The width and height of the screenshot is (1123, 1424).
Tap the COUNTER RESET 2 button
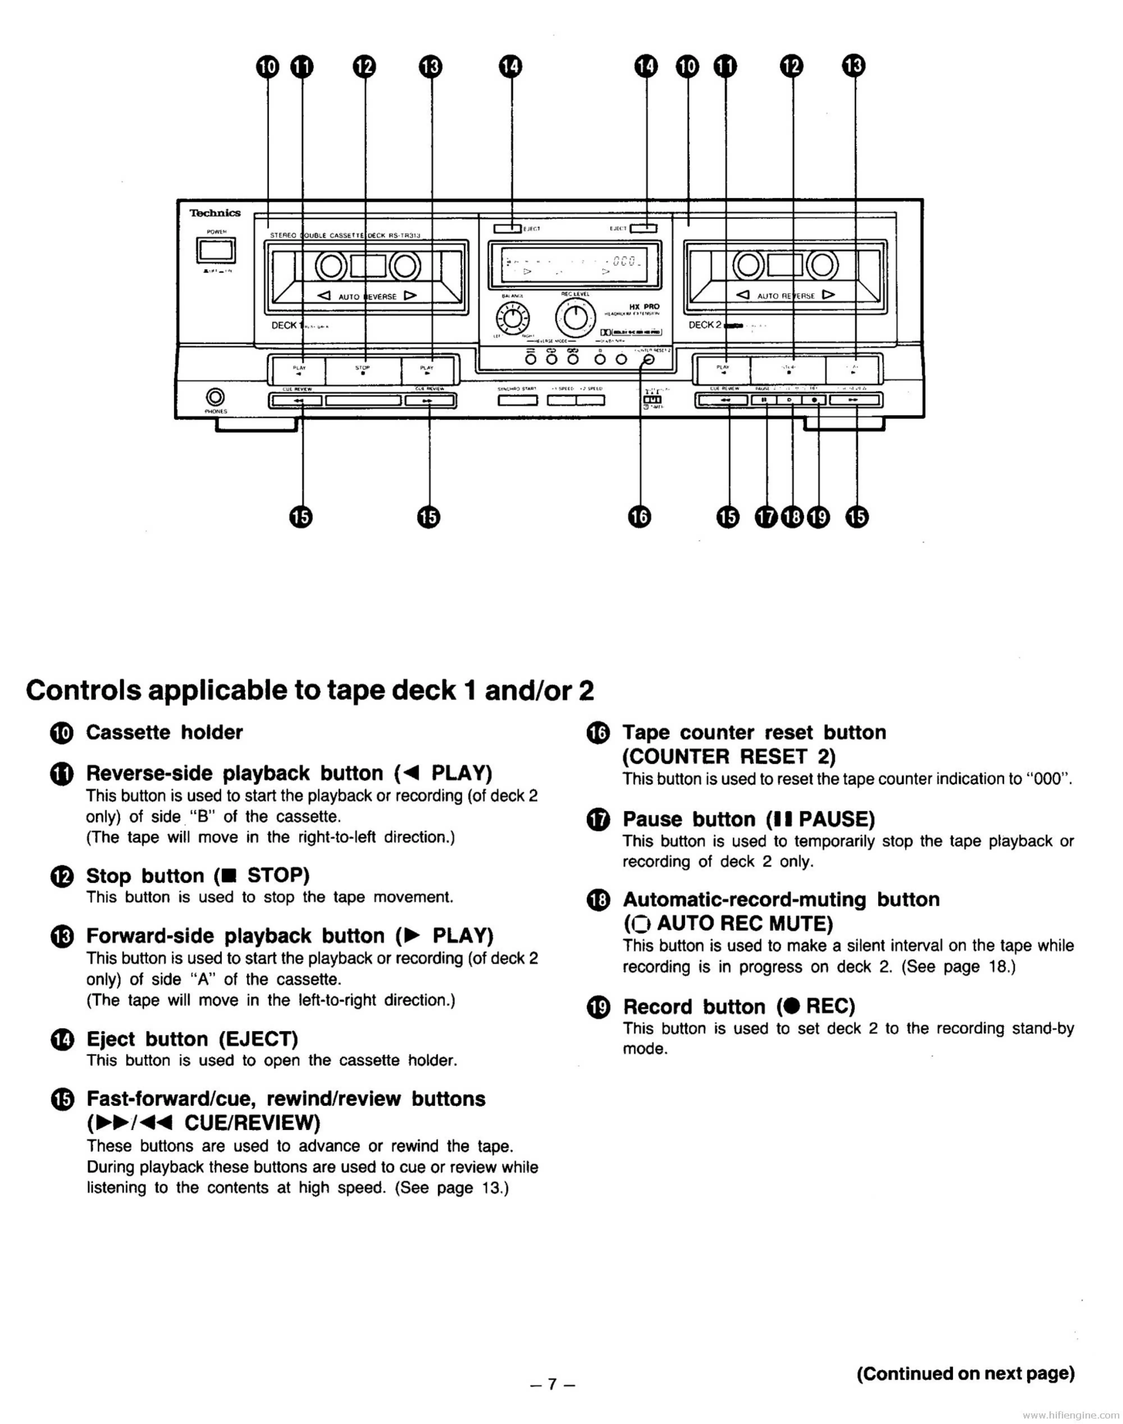click(x=649, y=360)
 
